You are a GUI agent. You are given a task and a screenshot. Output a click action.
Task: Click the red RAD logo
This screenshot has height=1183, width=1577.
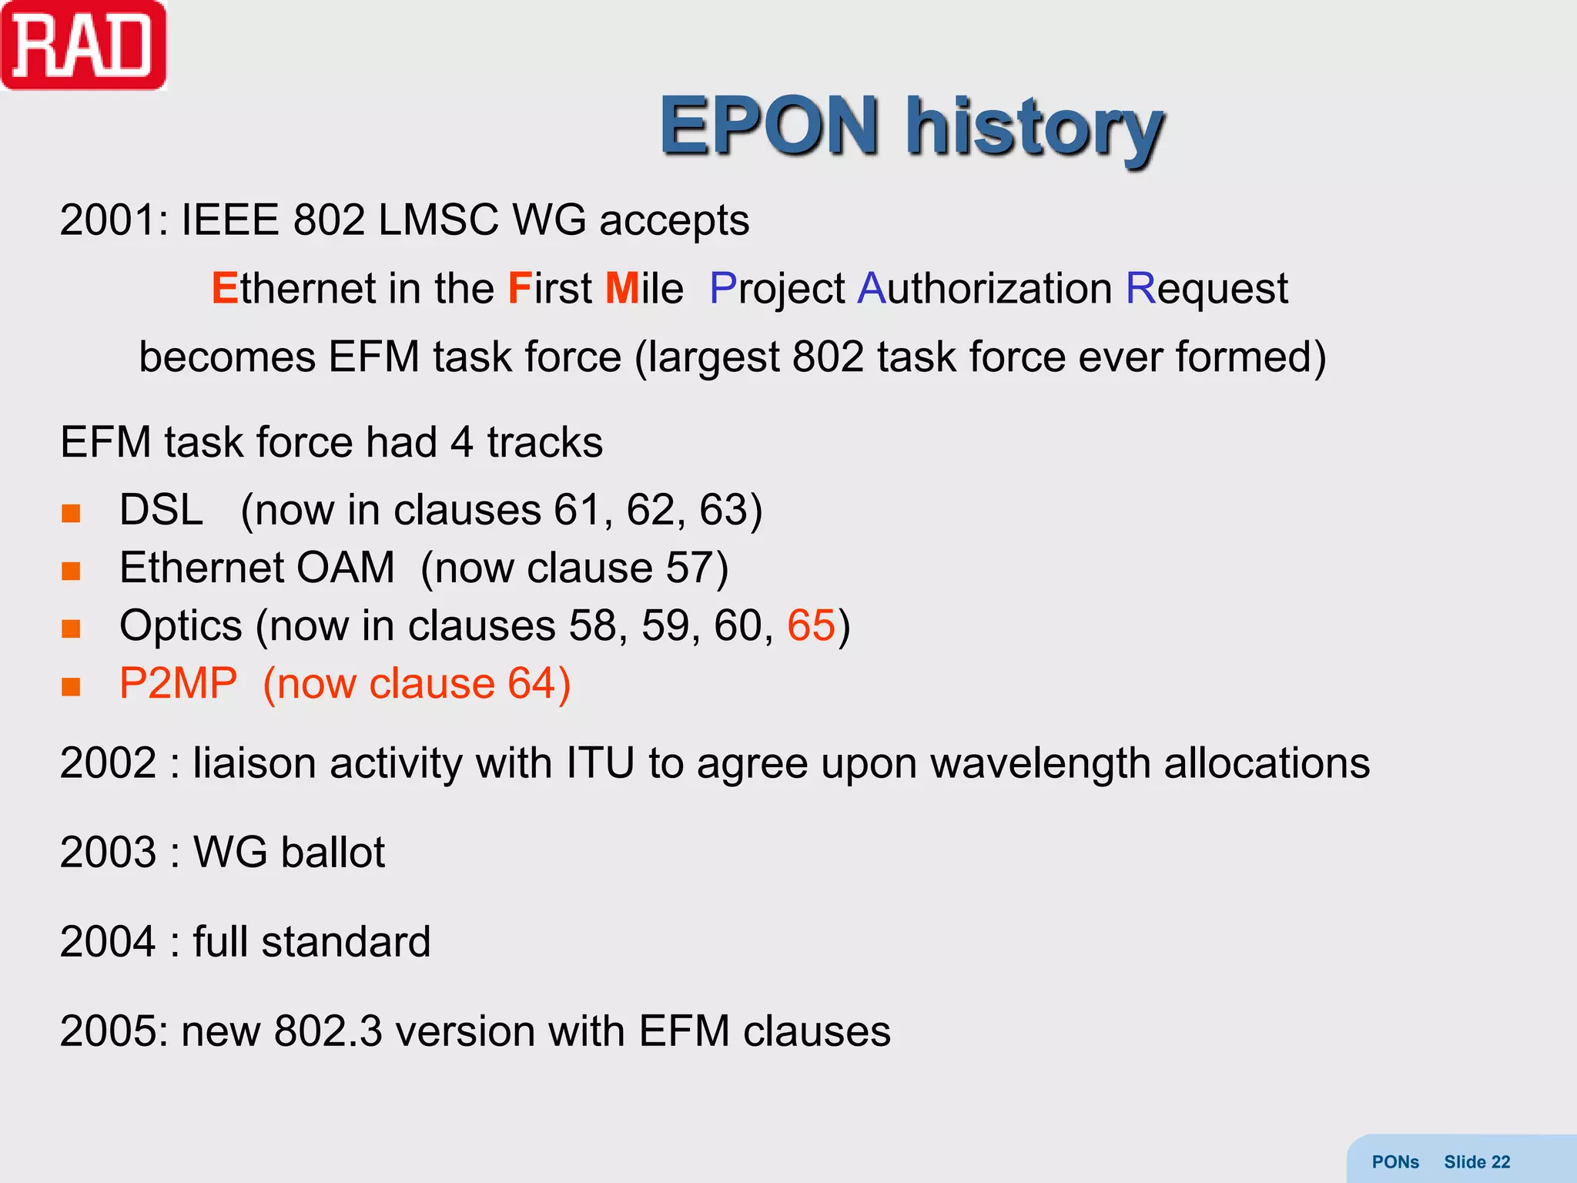(x=83, y=46)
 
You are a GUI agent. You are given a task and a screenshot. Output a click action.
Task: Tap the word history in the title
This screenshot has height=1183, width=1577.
(x=1034, y=127)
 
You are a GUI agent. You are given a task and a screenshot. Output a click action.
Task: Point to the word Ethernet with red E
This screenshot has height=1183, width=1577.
(x=293, y=289)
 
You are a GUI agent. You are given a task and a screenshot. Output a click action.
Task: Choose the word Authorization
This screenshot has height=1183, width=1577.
(x=985, y=289)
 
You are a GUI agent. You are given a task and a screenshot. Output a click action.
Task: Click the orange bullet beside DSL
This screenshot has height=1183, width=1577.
(x=71, y=513)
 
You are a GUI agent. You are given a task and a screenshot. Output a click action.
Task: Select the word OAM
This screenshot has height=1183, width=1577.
(x=345, y=568)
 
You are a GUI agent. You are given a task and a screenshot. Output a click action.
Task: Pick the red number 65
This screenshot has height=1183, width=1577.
(x=811, y=625)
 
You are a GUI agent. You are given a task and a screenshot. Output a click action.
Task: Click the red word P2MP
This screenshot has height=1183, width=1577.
(x=179, y=683)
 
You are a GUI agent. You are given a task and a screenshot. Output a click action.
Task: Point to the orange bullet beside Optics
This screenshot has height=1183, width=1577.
(x=71, y=628)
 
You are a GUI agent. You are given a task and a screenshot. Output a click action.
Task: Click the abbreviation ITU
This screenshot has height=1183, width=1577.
(x=601, y=763)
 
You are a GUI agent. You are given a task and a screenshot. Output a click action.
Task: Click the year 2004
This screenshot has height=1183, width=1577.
(x=109, y=942)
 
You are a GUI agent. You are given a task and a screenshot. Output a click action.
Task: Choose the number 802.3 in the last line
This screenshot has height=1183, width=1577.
(x=328, y=1031)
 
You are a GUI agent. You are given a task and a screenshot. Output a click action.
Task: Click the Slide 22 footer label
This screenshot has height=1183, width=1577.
(x=1476, y=1162)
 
